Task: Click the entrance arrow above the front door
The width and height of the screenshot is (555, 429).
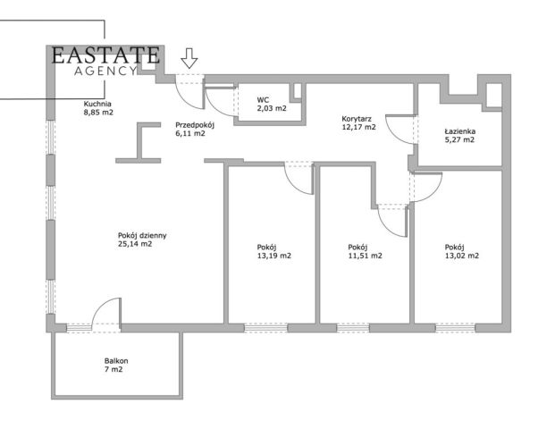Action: tap(189, 58)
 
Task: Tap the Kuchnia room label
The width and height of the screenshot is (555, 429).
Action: tap(97, 104)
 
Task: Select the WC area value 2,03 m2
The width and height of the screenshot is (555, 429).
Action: tap(272, 108)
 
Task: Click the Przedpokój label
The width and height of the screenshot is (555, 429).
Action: tap(195, 125)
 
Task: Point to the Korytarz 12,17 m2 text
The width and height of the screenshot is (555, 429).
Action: tap(359, 122)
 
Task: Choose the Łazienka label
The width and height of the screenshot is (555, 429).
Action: tap(459, 131)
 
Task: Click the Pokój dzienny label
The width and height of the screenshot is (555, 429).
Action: tap(142, 235)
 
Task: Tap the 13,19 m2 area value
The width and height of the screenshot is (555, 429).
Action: tap(274, 256)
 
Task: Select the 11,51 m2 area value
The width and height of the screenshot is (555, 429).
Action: tap(365, 256)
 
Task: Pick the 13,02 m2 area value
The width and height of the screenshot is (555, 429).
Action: tap(462, 256)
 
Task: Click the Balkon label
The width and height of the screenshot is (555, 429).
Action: tap(116, 361)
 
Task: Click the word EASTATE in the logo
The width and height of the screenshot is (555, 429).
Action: tap(105, 55)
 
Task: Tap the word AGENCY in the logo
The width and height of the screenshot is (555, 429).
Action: tap(105, 71)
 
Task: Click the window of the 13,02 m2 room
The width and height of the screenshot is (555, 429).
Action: tap(455, 328)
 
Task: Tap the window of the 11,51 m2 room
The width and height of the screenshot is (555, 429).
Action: tap(353, 328)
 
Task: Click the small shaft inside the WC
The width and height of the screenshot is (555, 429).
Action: tap(297, 92)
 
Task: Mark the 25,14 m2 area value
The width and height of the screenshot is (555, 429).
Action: tap(135, 244)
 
